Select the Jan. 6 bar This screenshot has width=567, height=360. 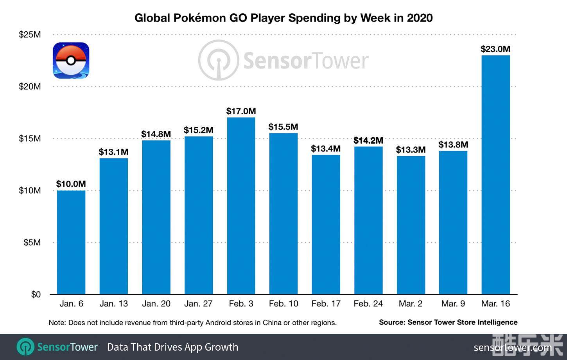click(71, 242)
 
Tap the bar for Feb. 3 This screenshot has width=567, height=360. click(241, 206)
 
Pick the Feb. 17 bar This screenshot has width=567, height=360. click(326, 225)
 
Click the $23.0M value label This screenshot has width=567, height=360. click(495, 49)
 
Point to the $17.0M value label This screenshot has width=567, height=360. click(241, 111)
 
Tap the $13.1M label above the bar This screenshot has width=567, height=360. click(113, 152)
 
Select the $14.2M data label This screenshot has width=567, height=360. click(368, 140)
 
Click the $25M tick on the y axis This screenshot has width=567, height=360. click(30, 34)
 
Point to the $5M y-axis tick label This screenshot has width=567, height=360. click(32, 243)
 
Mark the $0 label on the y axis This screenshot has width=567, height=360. click(36, 295)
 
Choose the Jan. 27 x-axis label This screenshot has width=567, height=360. click(198, 304)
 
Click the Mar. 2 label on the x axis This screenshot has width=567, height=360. click(411, 304)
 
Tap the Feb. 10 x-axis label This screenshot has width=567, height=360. click(283, 304)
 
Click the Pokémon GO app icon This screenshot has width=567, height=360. click(71, 60)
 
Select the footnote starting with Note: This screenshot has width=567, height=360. click(192, 323)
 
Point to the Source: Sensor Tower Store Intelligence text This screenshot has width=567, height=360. click(448, 322)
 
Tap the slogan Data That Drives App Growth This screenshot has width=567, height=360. click(172, 347)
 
